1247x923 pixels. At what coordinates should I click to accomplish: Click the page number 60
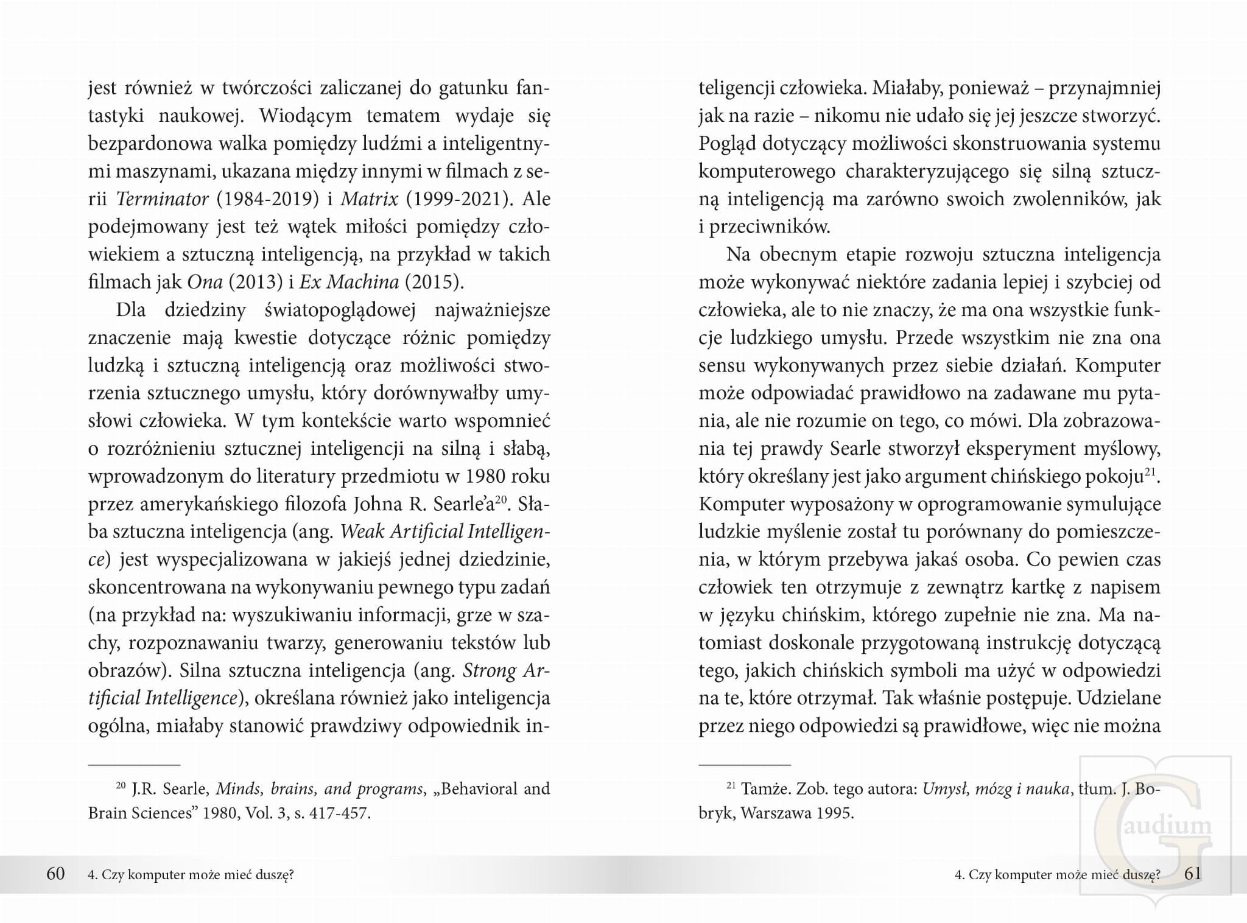(x=55, y=874)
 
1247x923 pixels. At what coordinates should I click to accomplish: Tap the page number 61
(x=1193, y=874)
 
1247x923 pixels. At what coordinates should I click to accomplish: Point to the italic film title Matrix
(x=369, y=199)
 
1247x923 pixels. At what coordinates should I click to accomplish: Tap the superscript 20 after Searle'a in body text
(x=501, y=500)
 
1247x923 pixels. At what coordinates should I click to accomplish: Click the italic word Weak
(x=362, y=532)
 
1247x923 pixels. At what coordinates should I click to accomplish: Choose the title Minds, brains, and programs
(x=319, y=789)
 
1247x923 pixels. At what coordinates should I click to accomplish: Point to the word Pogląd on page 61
(x=727, y=144)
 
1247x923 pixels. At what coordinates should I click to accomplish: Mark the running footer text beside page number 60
(x=191, y=875)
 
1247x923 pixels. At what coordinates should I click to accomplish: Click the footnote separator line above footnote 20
(x=135, y=764)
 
